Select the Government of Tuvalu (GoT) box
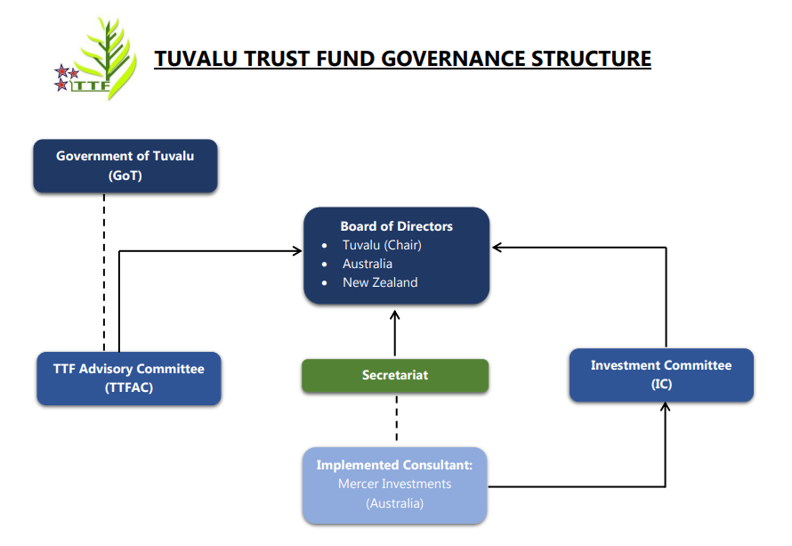coord(125,166)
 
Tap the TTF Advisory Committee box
coord(129,379)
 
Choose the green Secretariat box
coord(395,375)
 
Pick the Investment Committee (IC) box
coord(661,375)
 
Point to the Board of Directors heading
coord(397,226)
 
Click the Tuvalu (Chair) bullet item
coord(382,245)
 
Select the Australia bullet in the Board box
coord(368,264)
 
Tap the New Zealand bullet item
coord(380,282)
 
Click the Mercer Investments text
coord(395,485)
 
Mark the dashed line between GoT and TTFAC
coord(104,272)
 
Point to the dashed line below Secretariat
coord(396,419)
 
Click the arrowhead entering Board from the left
coord(298,251)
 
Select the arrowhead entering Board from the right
coord(497,247)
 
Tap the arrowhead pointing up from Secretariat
coord(396,315)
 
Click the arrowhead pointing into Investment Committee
coord(666,408)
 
